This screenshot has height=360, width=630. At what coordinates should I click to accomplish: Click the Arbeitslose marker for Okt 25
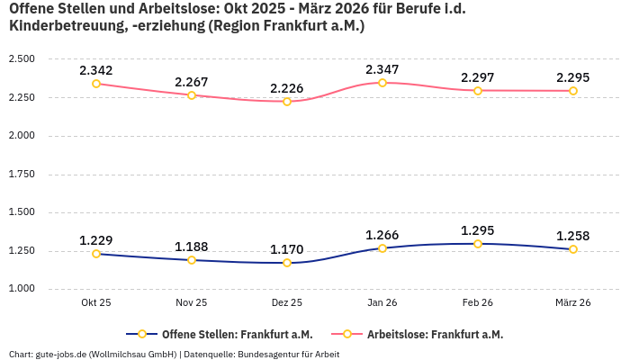96,84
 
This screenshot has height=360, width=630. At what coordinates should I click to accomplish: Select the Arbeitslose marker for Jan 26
382,83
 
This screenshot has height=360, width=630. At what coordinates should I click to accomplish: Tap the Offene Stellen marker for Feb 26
478,244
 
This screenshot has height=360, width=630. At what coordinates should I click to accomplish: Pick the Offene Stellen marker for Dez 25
287,263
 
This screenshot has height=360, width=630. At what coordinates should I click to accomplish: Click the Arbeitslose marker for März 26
573,91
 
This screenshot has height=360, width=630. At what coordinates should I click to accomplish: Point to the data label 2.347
382,69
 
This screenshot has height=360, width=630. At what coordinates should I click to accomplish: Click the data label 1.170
287,249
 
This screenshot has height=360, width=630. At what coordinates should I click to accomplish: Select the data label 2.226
287,88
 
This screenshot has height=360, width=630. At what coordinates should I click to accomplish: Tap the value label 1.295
478,230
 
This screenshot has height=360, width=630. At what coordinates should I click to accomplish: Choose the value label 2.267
192,82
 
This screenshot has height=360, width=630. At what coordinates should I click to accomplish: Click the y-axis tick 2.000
22,136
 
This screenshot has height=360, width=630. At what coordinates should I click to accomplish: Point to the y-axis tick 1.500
22,212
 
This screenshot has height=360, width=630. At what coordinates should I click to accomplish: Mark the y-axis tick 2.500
22,59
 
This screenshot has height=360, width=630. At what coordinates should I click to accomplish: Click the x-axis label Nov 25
192,303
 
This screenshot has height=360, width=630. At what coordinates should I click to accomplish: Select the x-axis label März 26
573,303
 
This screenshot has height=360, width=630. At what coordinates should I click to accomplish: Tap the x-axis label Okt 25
96,303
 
